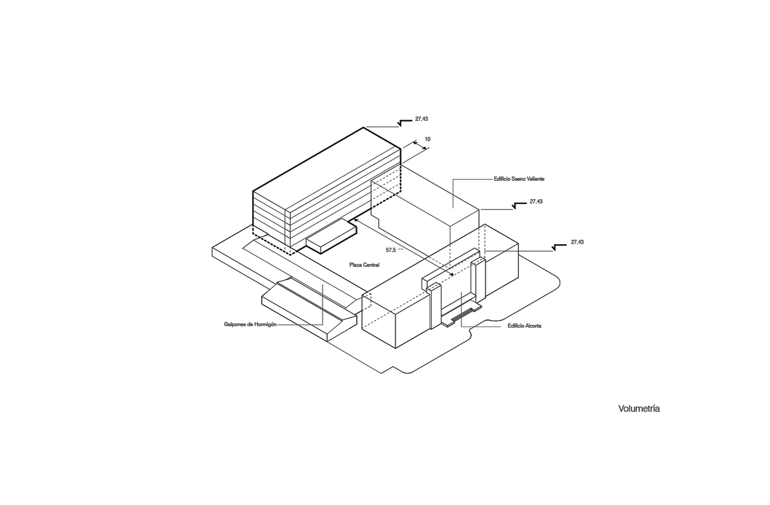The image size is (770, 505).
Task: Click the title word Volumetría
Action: tap(639, 409)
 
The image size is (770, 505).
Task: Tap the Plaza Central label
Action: tap(364, 265)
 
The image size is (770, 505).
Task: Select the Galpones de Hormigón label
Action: tap(250, 324)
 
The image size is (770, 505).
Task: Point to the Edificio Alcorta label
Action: tap(524, 326)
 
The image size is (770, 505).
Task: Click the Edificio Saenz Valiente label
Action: tap(519, 179)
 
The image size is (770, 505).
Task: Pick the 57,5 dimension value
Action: tap(391, 250)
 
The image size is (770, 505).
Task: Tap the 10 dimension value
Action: tap(427, 139)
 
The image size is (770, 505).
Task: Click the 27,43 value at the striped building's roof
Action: tap(421, 119)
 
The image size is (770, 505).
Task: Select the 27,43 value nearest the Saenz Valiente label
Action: tap(536, 201)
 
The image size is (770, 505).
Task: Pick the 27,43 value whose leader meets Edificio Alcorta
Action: tap(577, 242)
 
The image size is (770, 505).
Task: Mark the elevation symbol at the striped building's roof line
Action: tap(405, 123)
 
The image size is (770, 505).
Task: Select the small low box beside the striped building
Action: tap(331, 236)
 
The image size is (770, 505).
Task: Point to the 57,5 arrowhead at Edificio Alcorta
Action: tap(451, 274)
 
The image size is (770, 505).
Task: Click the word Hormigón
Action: tap(265, 324)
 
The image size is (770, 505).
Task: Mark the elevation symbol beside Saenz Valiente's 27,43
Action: tap(519, 205)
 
